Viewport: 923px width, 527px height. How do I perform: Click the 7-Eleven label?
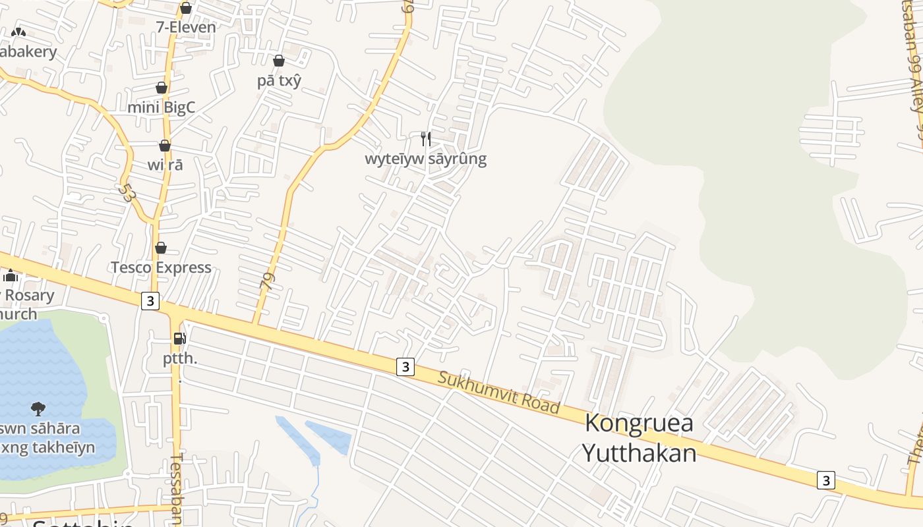click(186, 27)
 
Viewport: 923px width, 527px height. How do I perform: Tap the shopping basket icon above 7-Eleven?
click(186, 8)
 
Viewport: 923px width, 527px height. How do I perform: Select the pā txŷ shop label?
click(279, 80)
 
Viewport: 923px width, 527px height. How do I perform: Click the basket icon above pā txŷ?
click(279, 61)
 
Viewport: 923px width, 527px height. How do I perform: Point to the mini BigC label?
click(162, 107)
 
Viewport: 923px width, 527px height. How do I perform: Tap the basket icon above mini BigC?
click(162, 88)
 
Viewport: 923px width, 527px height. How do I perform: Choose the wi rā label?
click(165, 165)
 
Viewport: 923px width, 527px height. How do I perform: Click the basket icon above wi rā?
click(165, 146)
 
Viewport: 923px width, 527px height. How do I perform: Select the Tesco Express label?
click(161, 267)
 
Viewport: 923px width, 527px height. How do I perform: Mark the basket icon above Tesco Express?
click(161, 248)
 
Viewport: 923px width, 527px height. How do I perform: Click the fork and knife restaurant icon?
click(426, 138)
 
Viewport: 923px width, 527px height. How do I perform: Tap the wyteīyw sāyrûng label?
click(426, 159)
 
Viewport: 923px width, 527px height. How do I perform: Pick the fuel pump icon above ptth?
click(179, 339)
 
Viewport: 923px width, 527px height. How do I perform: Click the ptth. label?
click(181, 359)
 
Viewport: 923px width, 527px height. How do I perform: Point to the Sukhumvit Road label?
click(499, 393)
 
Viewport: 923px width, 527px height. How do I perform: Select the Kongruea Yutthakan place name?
click(639, 438)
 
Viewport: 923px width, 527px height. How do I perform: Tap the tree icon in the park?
click(38, 409)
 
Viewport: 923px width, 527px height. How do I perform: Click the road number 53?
click(127, 192)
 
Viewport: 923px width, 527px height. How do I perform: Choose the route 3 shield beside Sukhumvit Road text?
click(405, 367)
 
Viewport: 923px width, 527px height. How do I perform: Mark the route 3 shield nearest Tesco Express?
click(151, 301)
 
